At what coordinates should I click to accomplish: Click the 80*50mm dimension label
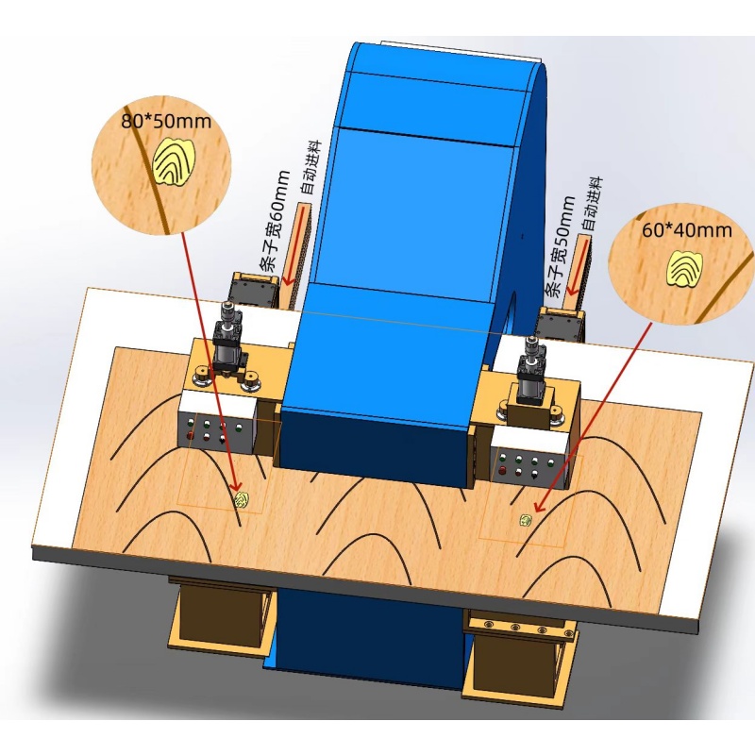pyautogui.click(x=166, y=121)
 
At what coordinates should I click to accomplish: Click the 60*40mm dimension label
pyautogui.click(x=687, y=229)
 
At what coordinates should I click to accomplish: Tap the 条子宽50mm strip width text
pyautogui.click(x=560, y=246)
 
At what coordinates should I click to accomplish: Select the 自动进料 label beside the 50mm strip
pyautogui.click(x=594, y=204)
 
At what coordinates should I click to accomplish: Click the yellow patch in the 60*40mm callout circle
pyautogui.click(x=685, y=269)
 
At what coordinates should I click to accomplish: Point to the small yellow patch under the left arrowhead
pyautogui.click(x=242, y=500)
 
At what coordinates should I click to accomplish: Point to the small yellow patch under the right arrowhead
pyautogui.click(x=526, y=520)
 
